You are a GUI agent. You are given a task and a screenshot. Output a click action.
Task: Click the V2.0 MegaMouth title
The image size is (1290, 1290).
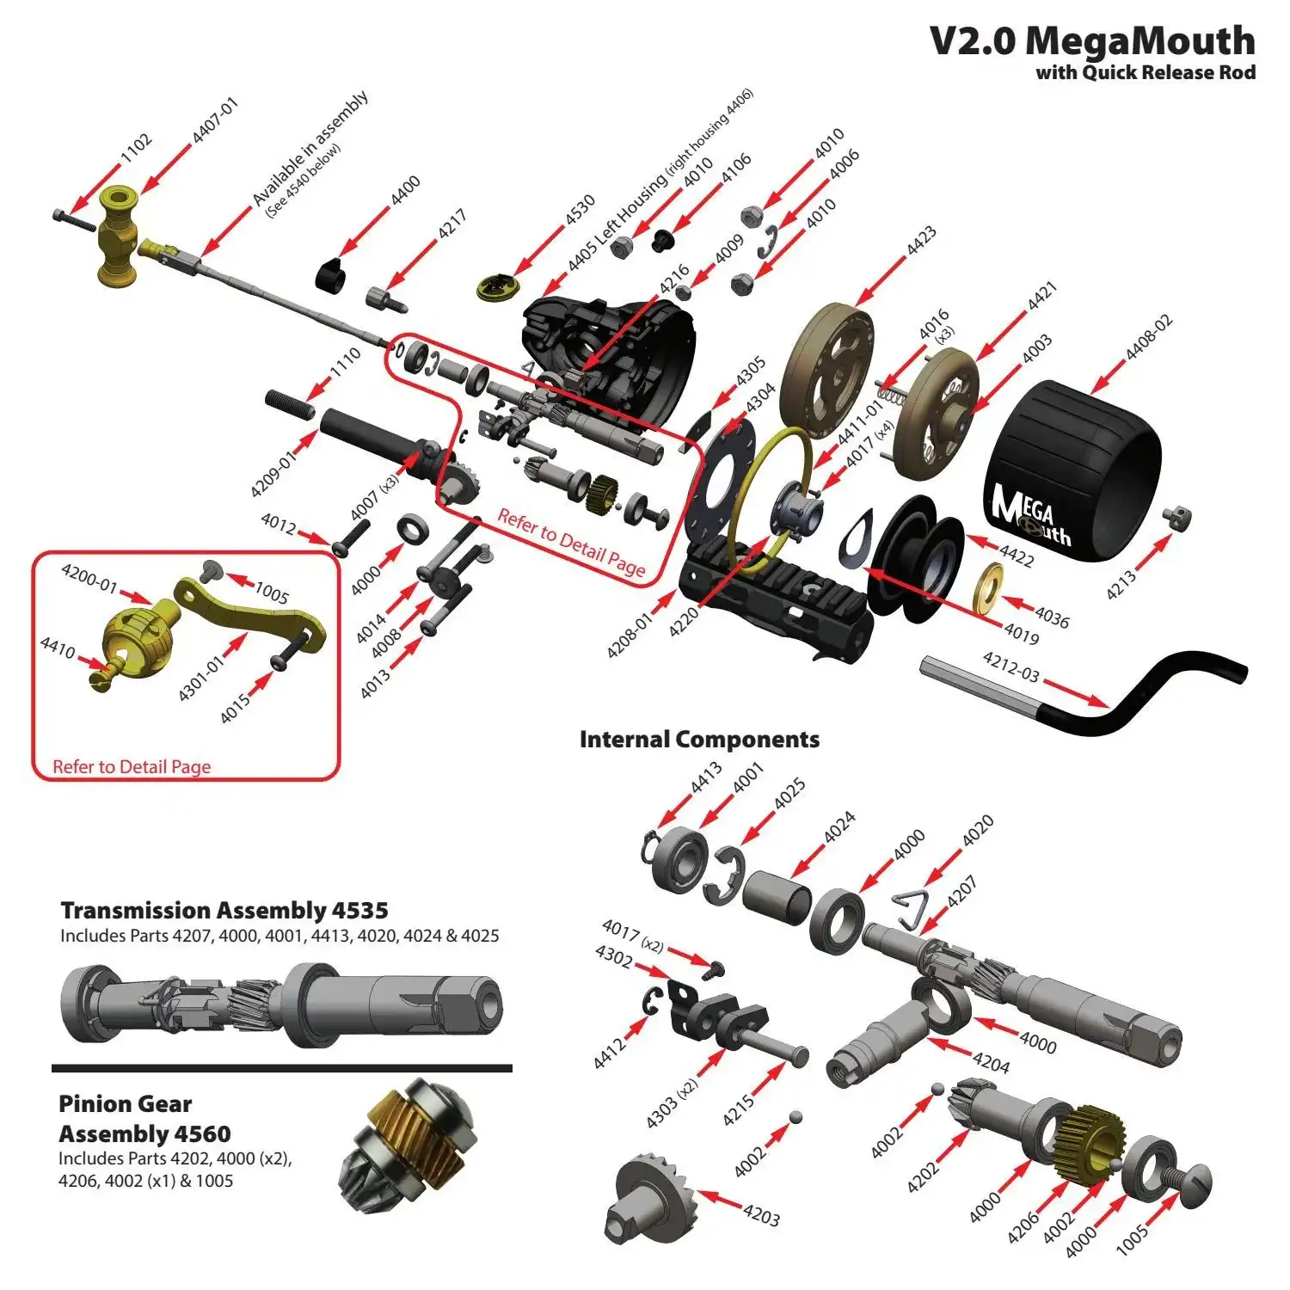point(1091,40)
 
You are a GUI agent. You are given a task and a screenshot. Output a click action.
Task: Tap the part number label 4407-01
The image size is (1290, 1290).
point(215,120)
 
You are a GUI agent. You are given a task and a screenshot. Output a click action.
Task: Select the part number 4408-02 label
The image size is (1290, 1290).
point(1149,337)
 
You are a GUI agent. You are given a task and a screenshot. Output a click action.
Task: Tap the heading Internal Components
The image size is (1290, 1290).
point(699,740)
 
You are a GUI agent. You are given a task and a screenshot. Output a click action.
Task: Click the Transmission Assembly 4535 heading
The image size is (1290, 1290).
point(224,910)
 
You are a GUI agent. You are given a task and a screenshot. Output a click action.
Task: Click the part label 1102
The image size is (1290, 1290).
point(136,148)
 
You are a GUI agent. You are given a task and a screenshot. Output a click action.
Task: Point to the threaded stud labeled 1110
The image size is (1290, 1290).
point(290,403)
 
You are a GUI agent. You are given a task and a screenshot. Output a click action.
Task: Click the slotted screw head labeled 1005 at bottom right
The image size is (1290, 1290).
point(1191,1184)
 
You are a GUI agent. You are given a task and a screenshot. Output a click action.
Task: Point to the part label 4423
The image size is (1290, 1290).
point(921,241)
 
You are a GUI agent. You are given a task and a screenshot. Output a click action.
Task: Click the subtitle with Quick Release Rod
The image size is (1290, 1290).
point(1145,72)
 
